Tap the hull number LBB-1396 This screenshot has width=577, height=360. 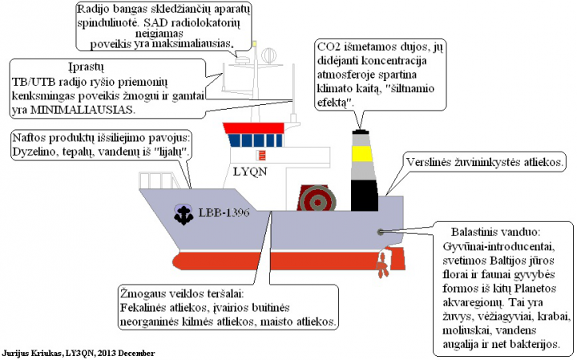click(224, 212)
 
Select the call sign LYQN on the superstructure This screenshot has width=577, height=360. click(248, 171)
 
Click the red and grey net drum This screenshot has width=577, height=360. click(313, 199)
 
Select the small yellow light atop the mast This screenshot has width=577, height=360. click(254, 43)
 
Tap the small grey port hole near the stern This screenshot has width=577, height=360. click(380, 231)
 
